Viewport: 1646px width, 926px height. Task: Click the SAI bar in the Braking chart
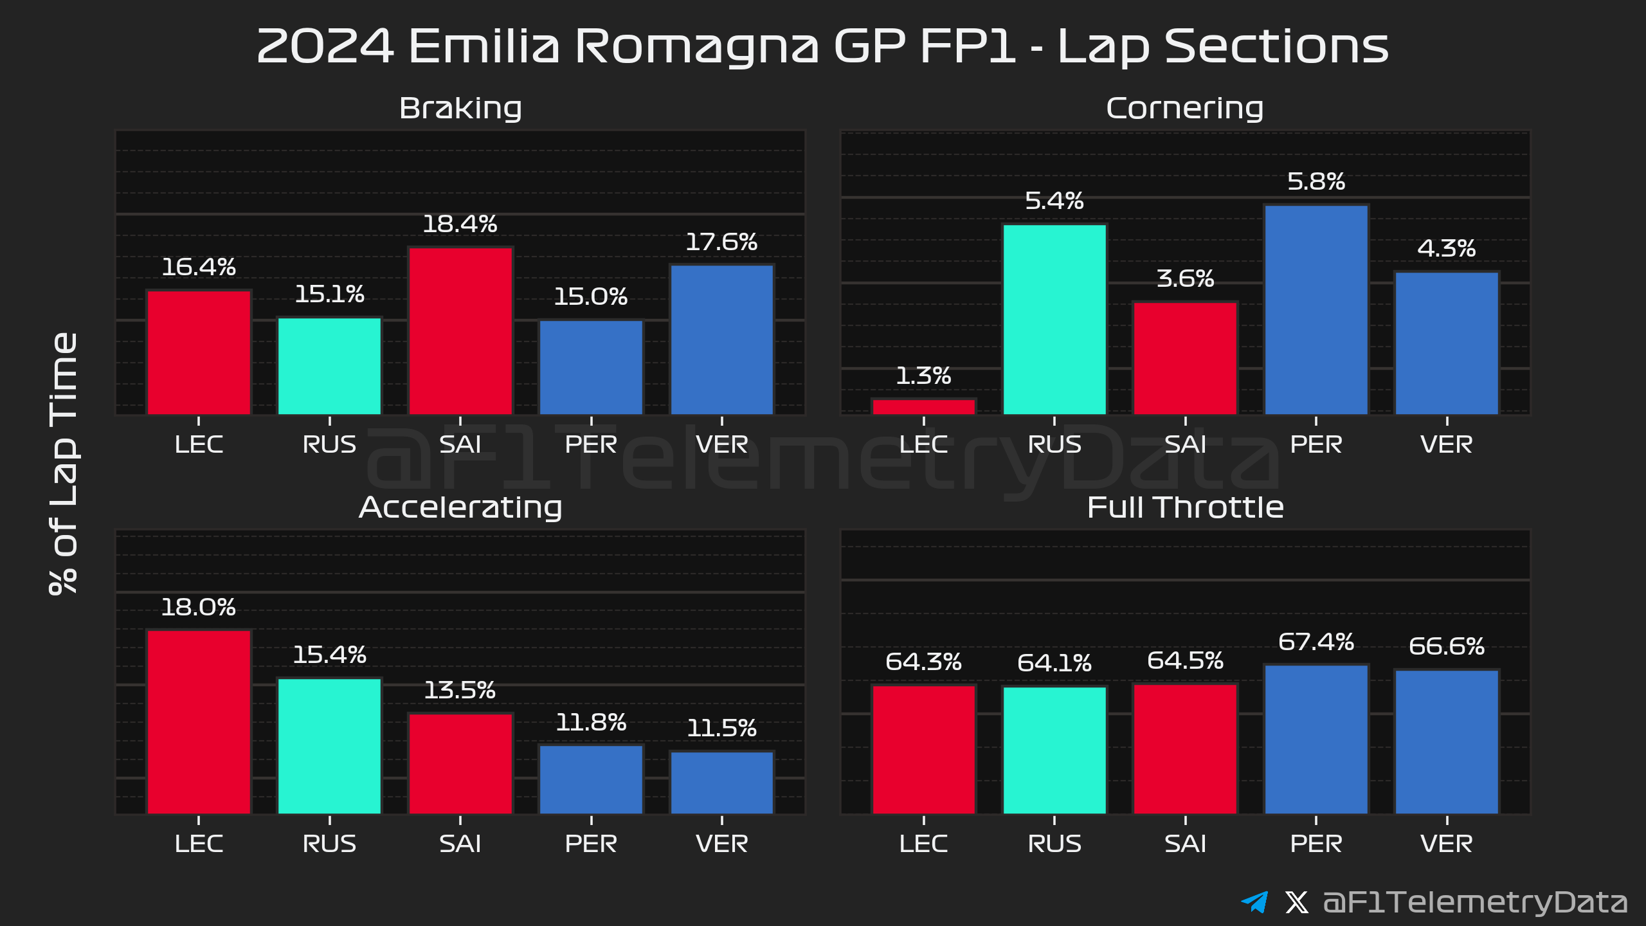(x=460, y=331)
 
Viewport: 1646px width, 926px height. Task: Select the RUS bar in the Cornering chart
(x=1054, y=319)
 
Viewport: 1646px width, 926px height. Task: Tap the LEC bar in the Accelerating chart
(x=199, y=722)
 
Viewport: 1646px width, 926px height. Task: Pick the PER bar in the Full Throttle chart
(x=1316, y=740)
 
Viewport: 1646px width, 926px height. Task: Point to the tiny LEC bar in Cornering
(x=923, y=407)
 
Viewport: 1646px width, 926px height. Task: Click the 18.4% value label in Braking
(x=460, y=224)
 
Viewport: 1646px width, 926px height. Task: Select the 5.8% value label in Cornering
(x=1316, y=182)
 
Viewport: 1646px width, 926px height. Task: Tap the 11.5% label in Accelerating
(x=721, y=729)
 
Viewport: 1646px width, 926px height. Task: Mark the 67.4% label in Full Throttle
(x=1316, y=642)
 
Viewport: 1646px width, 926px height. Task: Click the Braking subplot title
(x=460, y=108)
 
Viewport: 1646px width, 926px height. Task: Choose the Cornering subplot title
(x=1185, y=108)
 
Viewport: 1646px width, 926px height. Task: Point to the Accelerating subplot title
(x=460, y=507)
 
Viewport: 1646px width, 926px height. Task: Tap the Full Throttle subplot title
(x=1185, y=507)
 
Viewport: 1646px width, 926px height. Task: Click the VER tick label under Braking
(x=721, y=444)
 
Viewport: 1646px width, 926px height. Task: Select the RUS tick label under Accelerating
(x=329, y=844)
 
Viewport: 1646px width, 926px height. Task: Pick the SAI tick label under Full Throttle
(x=1185, y=844)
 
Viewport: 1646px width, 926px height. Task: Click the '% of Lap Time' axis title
(x=64, y=463)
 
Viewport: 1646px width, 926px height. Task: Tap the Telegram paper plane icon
(x=1254, y=902)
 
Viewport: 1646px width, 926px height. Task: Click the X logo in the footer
(x=1296, y=902)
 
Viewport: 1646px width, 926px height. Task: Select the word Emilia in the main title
(x=484, y=46)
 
